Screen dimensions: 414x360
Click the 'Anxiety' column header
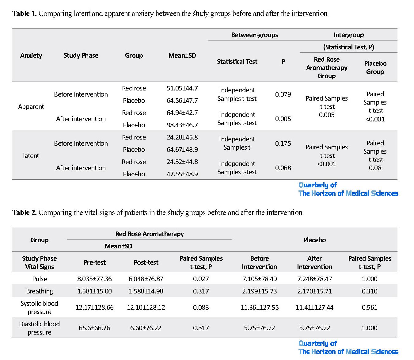[x=31, y=55]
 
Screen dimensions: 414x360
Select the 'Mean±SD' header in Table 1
[x=182, y=55]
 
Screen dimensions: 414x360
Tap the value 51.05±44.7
[x=182, y=88]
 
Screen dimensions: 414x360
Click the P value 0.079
[x=283, y=94]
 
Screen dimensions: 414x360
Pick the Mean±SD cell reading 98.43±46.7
[x=182, y=125]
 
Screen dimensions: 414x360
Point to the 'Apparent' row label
[x=31, y=106]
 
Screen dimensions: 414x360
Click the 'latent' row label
[x=31, y=155]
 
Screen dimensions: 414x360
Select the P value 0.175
[x=283, y=143]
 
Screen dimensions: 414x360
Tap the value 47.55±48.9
[x=182, y=174]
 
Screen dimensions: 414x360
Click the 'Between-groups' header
[x=254, y=35]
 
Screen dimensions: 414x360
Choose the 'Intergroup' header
[x=349, y=35]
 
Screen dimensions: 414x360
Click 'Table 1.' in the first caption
[x=24, y=13]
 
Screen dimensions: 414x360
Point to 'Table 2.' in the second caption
[x=24, y=213]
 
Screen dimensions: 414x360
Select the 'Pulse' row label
[x=40, y=279]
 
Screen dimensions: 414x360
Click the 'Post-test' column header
[x=146, y=262]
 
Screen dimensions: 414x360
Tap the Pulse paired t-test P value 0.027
[x=201, y=279]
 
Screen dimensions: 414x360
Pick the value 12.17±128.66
[x=94, y=307]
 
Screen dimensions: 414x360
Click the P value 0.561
[x=370, y=307]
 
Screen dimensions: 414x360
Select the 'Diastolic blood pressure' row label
[x=39, y=328]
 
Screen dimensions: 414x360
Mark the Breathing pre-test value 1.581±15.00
[x=94, y=291]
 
